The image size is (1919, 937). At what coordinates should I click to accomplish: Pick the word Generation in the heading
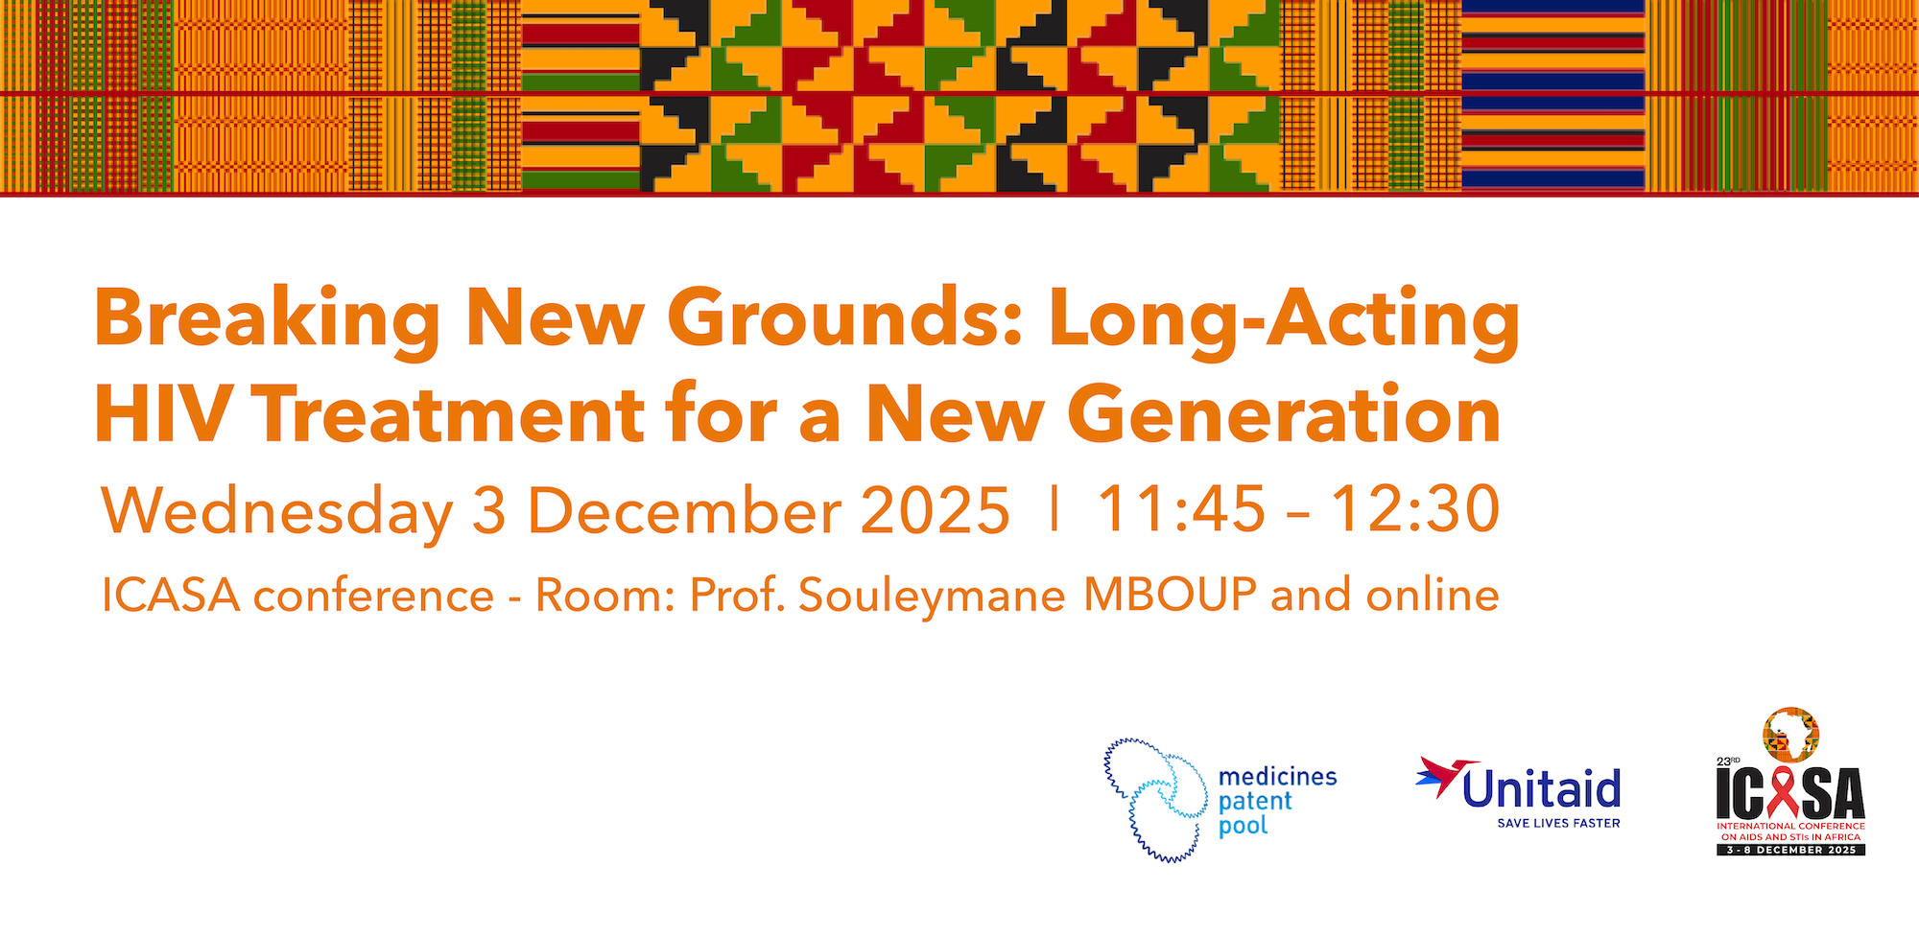coord(1284,414)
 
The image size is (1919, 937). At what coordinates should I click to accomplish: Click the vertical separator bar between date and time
coord(1054,508)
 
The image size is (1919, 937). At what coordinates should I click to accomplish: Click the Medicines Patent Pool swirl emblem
coord(1155,800)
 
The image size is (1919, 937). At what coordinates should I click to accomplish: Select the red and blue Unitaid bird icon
coord(1437,777)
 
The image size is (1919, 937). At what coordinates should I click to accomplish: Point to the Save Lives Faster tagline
coord(1558,823)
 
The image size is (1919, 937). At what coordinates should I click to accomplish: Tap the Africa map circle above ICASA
coord(1790,736)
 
